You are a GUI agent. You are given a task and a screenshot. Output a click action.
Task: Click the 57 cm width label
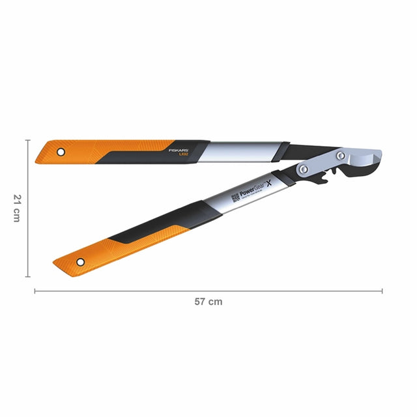pos(208,302)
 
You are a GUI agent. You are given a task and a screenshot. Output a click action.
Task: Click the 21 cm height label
pos(16,207)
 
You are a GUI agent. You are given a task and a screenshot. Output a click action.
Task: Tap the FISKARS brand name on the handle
pos(177,149)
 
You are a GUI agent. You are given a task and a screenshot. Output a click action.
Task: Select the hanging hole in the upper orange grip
pos(61,152)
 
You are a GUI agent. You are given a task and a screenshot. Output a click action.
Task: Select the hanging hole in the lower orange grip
pos(80,262)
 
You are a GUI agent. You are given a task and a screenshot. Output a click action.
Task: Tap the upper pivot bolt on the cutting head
pos(341,156)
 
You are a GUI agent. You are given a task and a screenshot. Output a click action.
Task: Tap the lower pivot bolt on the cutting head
pos(304,169)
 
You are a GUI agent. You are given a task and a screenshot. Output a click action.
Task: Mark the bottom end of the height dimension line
pos(28,276)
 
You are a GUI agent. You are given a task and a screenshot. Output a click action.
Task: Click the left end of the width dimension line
pos(35,291)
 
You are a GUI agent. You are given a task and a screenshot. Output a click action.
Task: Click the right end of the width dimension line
pos(382,291)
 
